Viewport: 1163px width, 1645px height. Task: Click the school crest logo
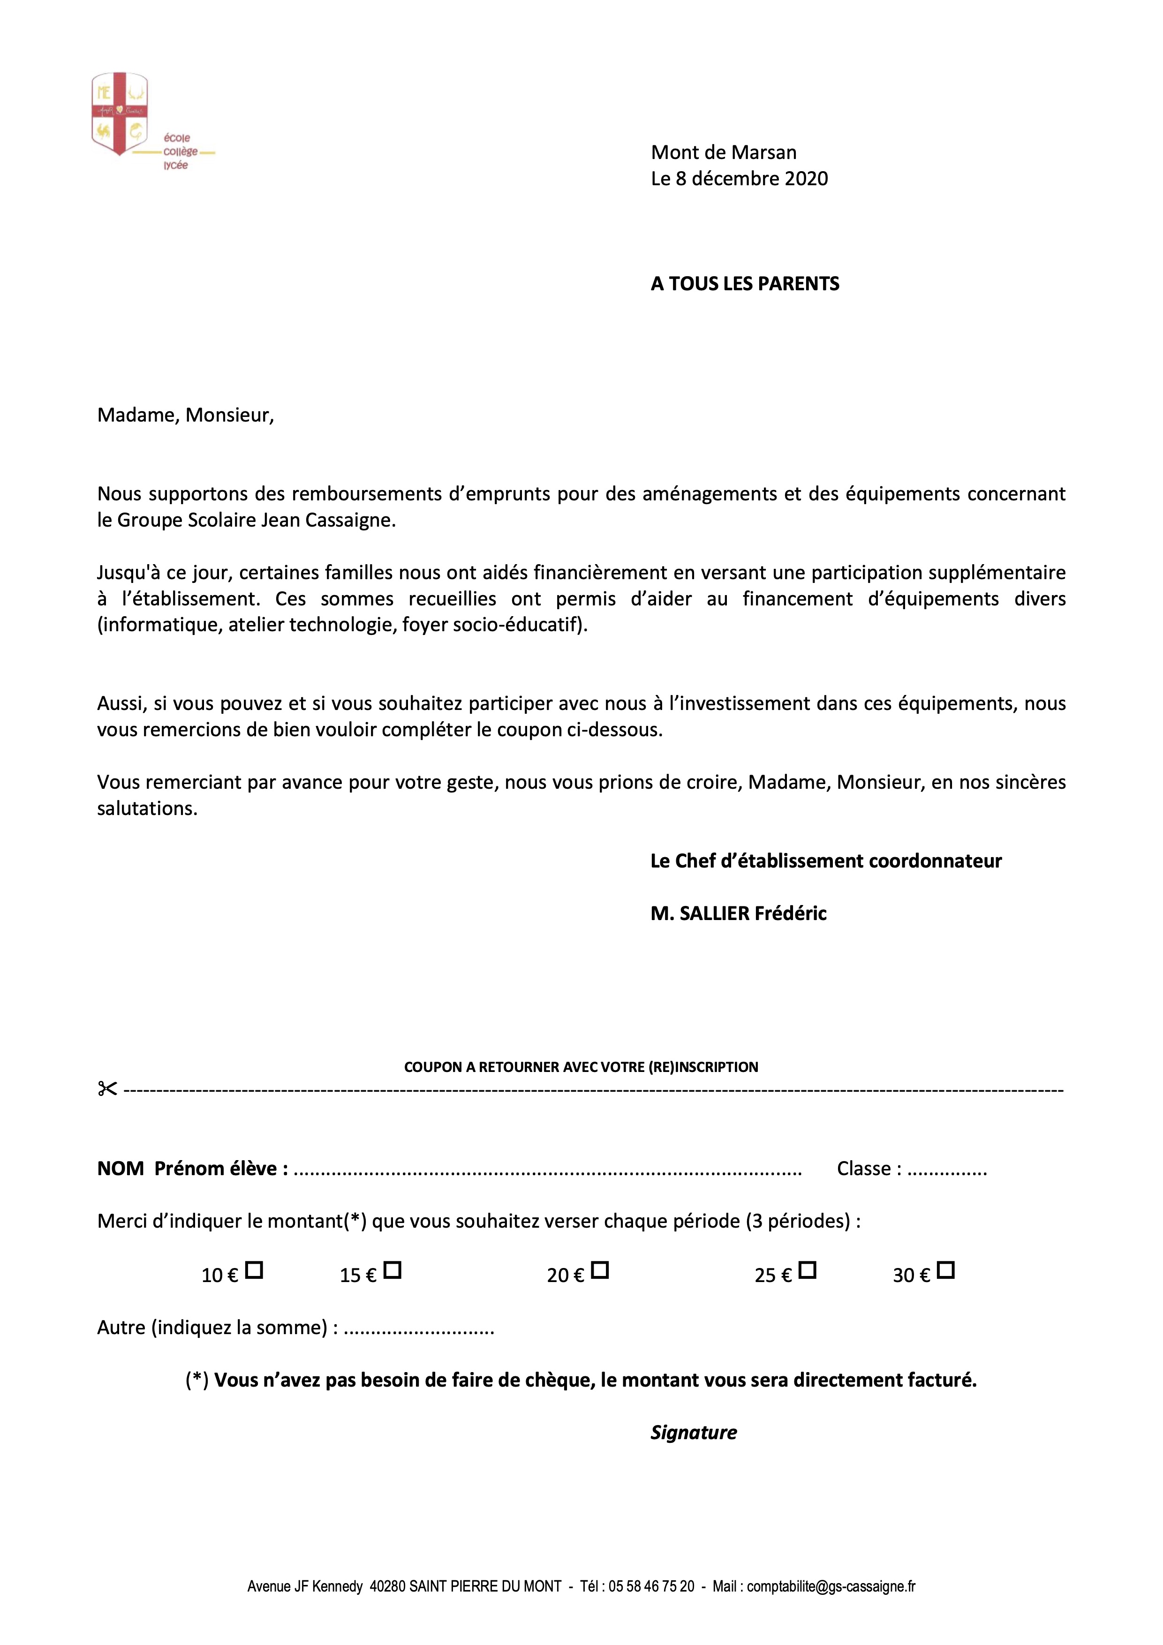120,113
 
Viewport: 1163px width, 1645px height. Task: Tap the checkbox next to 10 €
254,1270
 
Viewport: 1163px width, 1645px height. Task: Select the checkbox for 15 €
393,1270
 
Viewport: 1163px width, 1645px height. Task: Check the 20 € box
600,1270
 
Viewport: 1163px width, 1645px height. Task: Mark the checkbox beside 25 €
808,1270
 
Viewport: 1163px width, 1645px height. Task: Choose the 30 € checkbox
946,1270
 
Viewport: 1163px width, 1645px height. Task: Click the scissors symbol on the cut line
107,1089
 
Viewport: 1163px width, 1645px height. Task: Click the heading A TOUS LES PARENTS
745,284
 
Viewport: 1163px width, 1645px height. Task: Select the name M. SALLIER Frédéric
738,913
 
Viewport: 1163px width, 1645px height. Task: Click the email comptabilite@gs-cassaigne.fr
831,1586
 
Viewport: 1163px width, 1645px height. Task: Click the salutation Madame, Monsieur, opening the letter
186,415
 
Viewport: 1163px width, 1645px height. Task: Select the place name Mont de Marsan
723,152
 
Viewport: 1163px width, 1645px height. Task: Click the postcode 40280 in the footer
387,1586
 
